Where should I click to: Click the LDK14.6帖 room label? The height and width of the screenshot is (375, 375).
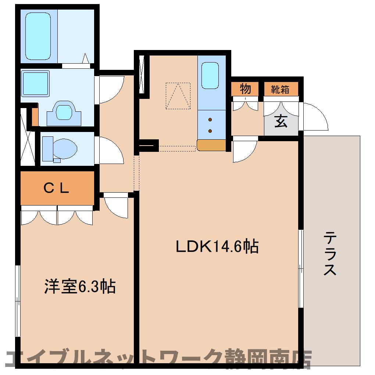tap(217, 246)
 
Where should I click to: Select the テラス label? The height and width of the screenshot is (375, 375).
tap(330, 254)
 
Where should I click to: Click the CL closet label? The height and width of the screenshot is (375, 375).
tap(57, 188)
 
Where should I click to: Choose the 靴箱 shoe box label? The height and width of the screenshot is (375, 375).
tap(280, 89)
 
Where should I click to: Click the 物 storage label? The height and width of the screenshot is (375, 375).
tap(245, 89)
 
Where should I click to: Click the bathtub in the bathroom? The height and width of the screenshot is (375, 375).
tap(38, 36)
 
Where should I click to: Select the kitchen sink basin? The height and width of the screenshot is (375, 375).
tap(210, 75)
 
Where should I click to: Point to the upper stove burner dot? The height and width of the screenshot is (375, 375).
tap(210, 119)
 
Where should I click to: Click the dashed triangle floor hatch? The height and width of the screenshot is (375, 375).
tap(178, 96)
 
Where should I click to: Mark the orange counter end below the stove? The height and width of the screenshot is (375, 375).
tap(211, 145)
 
